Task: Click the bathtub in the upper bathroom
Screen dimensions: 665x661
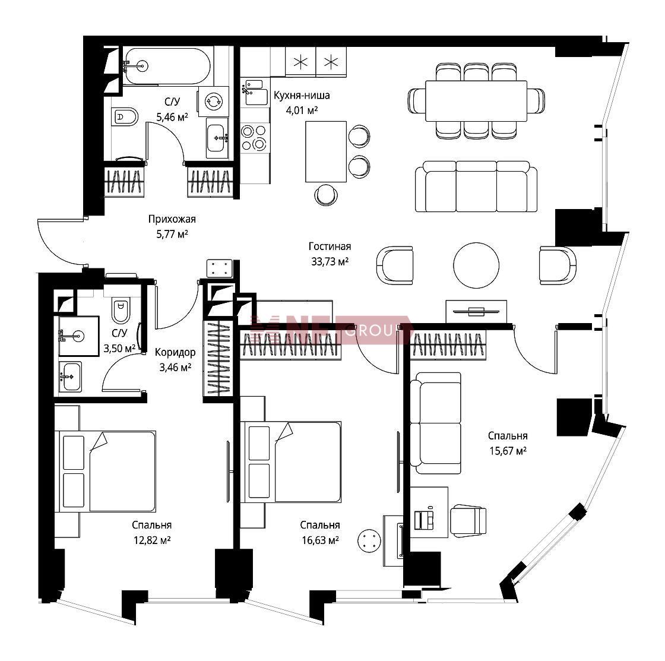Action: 167,66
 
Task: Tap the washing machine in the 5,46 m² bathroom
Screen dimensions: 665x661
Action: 213,102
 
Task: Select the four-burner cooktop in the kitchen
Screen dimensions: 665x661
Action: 255,137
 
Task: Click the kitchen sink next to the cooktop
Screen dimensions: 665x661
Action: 256,92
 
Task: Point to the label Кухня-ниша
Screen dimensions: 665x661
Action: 302,96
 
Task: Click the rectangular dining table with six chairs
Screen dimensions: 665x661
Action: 476,100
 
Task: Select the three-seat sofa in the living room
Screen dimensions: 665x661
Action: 476,186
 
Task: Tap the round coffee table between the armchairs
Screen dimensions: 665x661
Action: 476,265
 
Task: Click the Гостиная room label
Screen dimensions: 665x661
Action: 330,246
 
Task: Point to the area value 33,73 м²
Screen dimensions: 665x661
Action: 330,262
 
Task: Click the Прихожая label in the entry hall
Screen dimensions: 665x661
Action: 172,219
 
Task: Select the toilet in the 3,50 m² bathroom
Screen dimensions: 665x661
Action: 121,311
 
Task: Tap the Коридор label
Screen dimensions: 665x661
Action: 175,352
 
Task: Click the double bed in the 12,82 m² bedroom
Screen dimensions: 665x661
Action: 107,472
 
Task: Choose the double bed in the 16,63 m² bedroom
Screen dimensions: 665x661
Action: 293,462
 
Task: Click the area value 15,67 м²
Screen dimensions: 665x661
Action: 508,451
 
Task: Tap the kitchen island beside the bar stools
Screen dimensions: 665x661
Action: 326,151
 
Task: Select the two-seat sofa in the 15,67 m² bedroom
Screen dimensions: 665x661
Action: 436,423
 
